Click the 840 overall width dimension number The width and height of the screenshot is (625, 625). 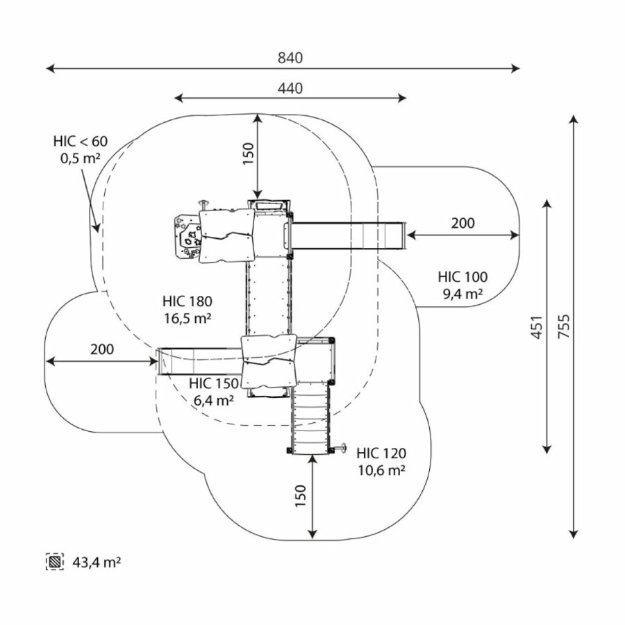click(x=290, y=58)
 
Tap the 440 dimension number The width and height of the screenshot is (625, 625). click(x=290, y=88)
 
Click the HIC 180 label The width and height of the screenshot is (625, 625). click(x=187, y=301)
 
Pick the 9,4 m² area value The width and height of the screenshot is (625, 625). click(x=462, y=293)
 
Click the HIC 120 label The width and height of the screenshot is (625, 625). click(x=381, y=453)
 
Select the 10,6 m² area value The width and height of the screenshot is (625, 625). click(x=381, y=470)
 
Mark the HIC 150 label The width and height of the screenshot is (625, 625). click(x=213, y=383)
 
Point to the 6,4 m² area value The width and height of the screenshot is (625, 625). click(x=213, y=400)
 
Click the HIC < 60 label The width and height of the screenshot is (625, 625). click(x=81, y=142)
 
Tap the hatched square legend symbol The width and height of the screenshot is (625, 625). click(x=54, y=561)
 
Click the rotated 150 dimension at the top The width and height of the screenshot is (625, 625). click(x=249, y=154)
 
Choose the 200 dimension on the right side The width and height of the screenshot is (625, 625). click(x=462, y=223)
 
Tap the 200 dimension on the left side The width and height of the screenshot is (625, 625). click(x=101, y=349)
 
